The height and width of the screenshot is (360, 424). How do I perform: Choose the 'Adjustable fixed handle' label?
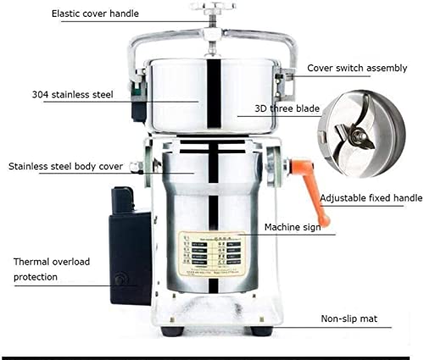371,198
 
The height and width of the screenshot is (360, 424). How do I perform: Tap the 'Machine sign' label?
293,227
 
